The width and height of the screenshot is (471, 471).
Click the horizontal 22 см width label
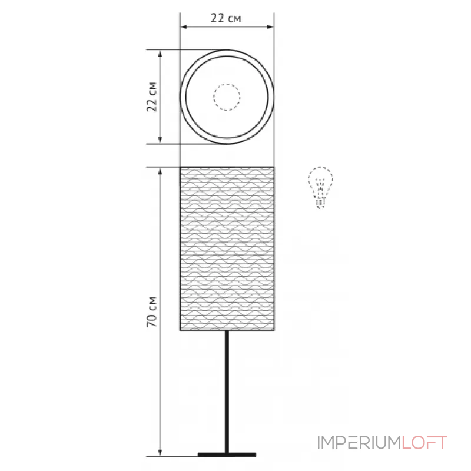[226, 18]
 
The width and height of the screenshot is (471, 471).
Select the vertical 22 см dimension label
[152, 97]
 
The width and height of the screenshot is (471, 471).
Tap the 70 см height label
[152, 312]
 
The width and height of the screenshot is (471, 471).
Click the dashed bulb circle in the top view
[227, 97]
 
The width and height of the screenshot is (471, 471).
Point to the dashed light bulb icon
[320, 187]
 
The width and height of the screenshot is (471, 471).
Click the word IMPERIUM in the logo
[359, 443]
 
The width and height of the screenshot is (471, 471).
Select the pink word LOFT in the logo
[424, 443]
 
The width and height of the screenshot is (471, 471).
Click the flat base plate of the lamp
[227, 455]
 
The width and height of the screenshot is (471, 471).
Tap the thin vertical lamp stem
[227, 392]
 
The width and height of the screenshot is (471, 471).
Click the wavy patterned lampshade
[227, 248]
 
